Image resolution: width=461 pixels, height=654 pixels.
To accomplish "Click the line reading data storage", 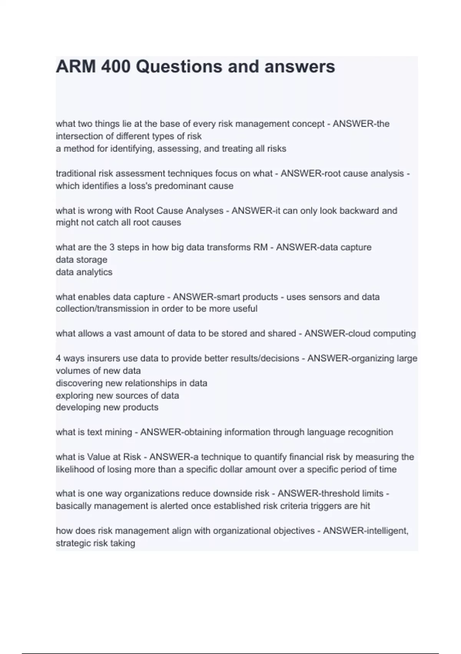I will pyautogui.click(x=81, y=260).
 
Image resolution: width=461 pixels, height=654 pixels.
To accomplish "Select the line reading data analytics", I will pyautogui.click(x=84, y=272).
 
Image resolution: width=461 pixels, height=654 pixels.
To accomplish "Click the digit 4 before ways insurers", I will pyautogui.click(x=58, y=358).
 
